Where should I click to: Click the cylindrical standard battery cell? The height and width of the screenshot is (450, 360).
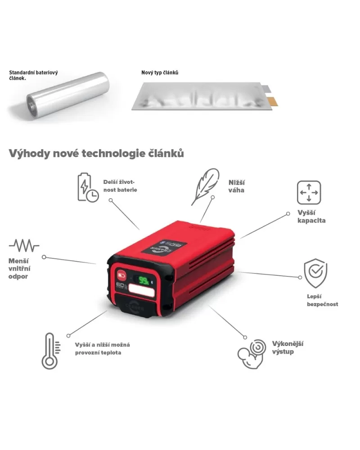click(68, 95)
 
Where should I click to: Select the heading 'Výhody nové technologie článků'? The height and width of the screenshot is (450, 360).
click(96, 154)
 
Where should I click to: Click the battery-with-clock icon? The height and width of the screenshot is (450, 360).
click(88, 187)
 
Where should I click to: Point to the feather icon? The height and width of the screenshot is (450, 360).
click(205, 186)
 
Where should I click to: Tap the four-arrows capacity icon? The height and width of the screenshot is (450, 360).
click(309, 192)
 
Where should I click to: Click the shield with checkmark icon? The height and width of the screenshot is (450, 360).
click(315, 273)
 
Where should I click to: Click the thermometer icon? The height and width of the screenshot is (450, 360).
click(51, 351)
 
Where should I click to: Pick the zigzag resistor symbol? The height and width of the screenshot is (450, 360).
click(24, 245)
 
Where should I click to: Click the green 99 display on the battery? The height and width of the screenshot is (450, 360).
click(144, 280)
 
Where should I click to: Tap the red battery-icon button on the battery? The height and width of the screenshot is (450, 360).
click(121, 276)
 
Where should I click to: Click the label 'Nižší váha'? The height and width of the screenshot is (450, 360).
click(236, 186)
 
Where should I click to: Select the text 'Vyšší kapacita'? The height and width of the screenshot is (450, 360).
click(311, 217)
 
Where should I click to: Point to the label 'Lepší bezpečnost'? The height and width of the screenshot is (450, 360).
click(323, 300)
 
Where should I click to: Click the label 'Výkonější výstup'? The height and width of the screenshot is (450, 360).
click(288, 348)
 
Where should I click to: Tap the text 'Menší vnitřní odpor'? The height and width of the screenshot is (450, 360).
click(19, 268)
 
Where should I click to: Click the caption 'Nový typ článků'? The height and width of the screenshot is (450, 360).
click(160, 73)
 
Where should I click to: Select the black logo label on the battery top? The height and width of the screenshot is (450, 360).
click(164, 247)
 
